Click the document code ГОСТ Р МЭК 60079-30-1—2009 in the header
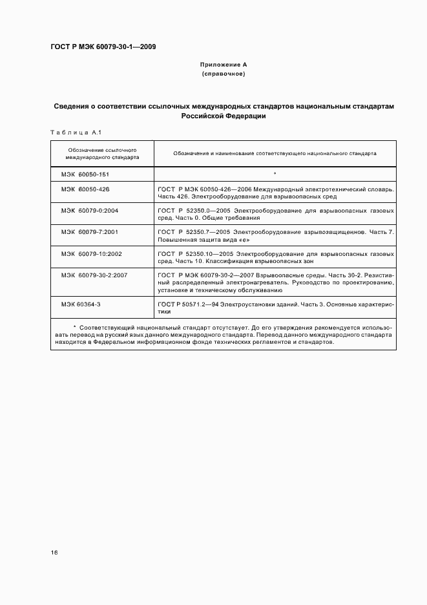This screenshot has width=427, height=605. coord(103,47)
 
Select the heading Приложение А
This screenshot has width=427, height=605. coord(224,65)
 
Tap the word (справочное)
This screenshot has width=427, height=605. coord(224,74)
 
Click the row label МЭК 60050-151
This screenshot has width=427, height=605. coord(85,174)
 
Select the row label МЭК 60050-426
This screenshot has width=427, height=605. coord(85,189)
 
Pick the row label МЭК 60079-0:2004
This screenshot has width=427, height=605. coord(90,211)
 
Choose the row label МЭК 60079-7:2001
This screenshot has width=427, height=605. coord(90,231)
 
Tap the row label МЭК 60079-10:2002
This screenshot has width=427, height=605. coord(92,253)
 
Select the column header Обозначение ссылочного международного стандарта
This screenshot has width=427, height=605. coord(102,153)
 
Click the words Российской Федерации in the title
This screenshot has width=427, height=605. coord(224,116)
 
